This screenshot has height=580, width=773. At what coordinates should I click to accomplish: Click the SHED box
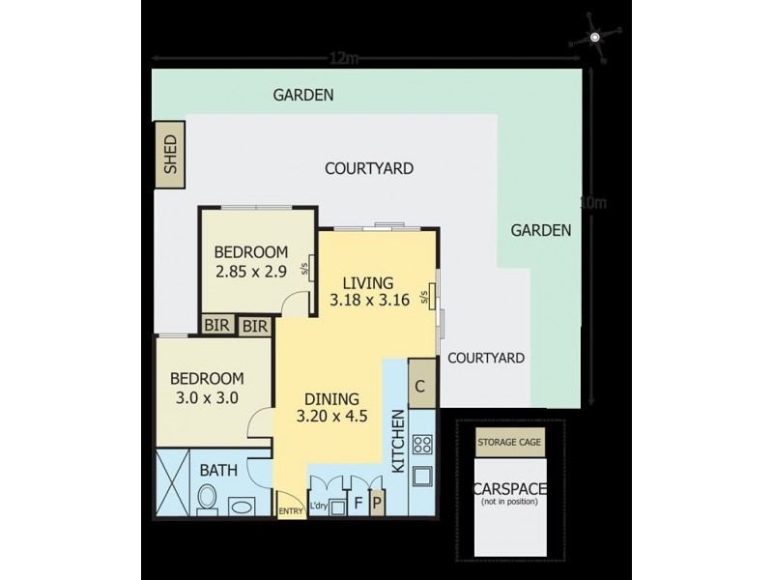pos(172,155)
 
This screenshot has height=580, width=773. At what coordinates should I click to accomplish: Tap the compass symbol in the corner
pos(596,38)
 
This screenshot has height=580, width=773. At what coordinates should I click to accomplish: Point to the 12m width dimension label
pos(344,59)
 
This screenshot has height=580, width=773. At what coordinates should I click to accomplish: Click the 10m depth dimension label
pos(593,204)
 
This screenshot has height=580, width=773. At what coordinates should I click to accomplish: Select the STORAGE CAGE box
pos(509,443)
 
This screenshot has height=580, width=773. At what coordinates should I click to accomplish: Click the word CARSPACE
pos(509,490)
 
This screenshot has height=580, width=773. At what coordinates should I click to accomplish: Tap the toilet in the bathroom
pos(207,499)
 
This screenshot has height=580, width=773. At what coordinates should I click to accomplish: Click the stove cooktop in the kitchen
pos(422,446)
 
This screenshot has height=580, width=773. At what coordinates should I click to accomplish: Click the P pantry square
pos(376,504)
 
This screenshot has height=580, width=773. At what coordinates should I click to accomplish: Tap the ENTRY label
pos(289,511)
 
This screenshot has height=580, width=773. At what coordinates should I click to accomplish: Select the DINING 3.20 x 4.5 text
pos(332,407)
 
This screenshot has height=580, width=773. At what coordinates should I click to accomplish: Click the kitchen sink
pos(423,477)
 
